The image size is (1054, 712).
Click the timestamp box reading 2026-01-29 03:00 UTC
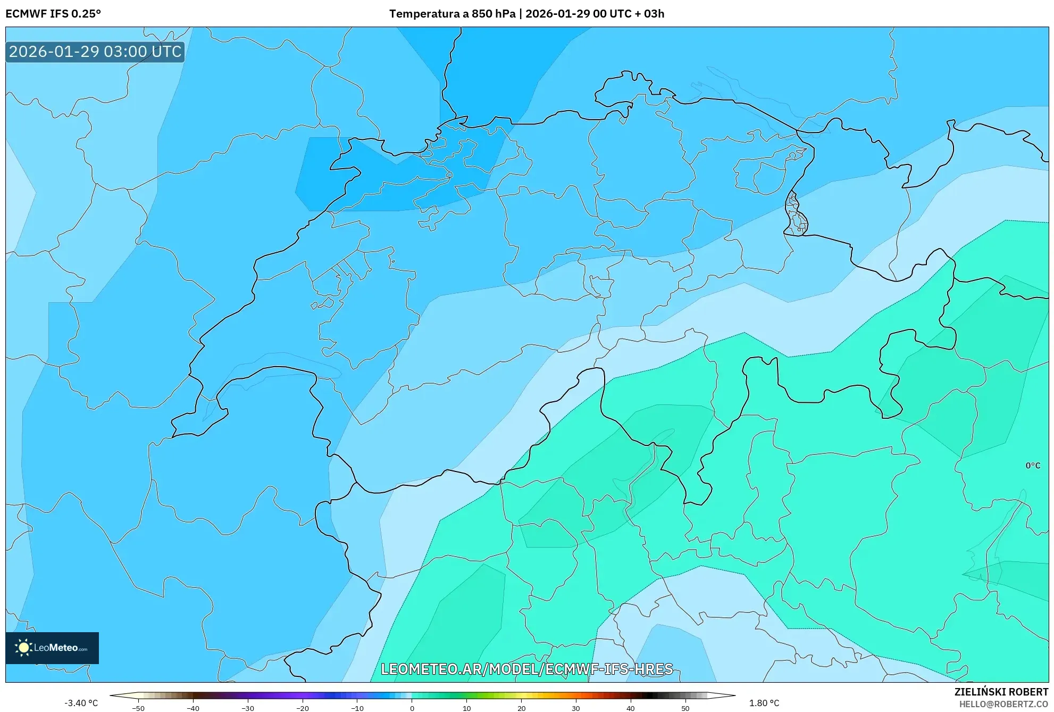[95, 52]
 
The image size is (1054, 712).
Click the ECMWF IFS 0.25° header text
[53, 14]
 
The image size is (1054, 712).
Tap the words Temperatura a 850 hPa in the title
[452, 14]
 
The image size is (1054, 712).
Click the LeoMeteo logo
[52, 648]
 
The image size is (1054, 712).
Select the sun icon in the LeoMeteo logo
[23, 648]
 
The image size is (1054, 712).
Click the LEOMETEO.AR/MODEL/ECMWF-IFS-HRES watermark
[526, 669]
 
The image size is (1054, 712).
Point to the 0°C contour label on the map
[1033, 466]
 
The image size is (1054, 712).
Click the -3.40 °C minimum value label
[81, 703]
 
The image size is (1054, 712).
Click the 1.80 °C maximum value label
[764, 703]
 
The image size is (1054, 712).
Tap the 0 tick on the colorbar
[412, 708]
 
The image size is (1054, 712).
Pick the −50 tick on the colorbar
[138, 708]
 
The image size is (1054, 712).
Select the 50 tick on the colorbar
[685, 708]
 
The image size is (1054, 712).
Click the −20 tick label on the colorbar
[302, 708]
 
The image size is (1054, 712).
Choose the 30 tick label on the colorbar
[575, 708]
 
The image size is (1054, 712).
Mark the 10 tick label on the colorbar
[466, 708]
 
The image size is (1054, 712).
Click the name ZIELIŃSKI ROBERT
[1001, 692]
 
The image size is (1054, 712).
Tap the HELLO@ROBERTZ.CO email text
[1003, 704]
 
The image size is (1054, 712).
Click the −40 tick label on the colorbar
[193, 708]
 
